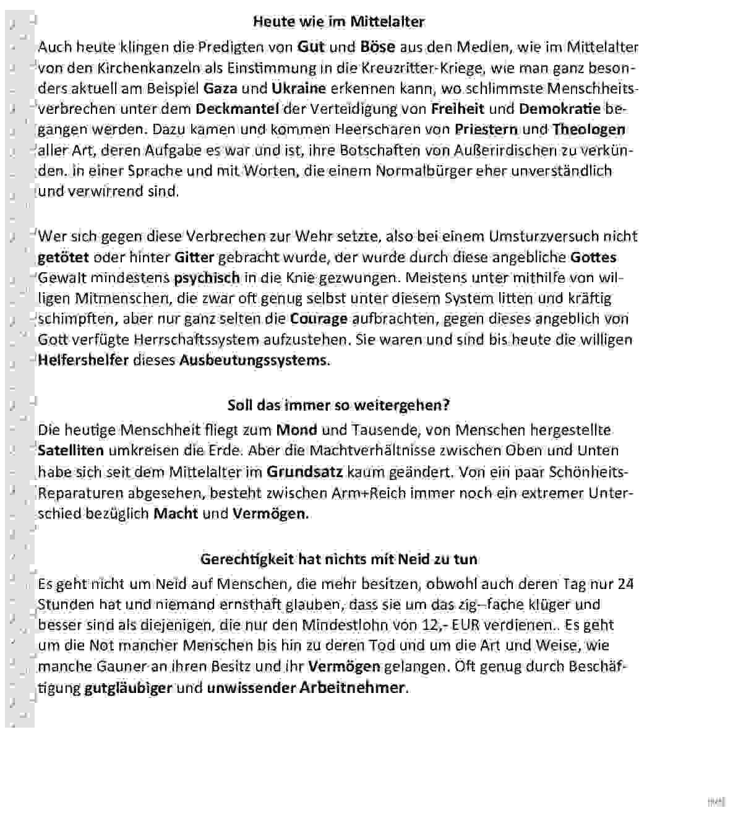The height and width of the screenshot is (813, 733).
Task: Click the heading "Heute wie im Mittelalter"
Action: coord(338,22)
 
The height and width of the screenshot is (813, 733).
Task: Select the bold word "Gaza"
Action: coord(220,88)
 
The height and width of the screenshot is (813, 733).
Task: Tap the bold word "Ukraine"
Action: coord(298,88)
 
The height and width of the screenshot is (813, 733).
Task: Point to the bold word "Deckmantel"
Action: coord(237,109)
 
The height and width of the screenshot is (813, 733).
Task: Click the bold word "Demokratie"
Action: coord(559,109)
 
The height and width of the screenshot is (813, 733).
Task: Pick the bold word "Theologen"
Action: coord(588,130)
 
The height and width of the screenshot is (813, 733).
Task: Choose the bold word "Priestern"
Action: coord(487,130)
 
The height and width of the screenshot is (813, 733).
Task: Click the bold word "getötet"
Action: coord(63,257)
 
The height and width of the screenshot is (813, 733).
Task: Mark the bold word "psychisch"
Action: coord(207,278)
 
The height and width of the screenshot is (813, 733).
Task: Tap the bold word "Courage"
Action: coord(319,319)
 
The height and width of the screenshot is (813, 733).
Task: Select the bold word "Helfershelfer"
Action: coord(83,360)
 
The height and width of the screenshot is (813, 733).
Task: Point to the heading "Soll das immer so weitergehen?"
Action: coord(338,405)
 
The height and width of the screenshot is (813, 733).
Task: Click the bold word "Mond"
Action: coord(296,429)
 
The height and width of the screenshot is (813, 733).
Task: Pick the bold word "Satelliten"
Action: coord(71,450)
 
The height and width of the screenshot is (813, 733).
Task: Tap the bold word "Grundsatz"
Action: coord(304,472)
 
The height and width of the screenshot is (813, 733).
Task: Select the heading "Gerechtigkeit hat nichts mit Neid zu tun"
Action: coord(338,559)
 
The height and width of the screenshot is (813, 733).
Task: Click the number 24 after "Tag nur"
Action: coord(625,584)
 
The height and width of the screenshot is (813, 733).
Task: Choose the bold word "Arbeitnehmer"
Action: coord(353,687)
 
